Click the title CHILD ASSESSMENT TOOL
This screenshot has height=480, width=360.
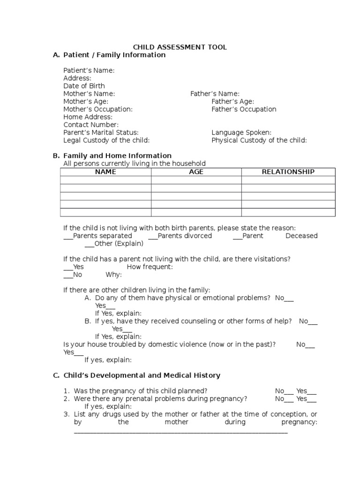[180, 47]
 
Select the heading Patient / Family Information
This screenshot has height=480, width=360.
[114, 55]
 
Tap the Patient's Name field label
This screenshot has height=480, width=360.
[89, 70]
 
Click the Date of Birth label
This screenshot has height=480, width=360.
[84, 86]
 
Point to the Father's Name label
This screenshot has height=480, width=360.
[215, 94]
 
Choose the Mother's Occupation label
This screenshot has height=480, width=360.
[98, 109]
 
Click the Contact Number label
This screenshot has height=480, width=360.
[91, 125]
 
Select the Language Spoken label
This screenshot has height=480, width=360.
[241, 133]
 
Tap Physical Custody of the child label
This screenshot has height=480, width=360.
[259, 140]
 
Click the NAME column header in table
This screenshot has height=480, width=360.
[105, 172]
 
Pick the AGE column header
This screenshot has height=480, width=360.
[196, 172]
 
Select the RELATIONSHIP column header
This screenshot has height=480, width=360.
[288, 172]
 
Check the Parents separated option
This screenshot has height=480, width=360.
[98, 236]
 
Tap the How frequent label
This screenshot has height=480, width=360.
[150, 267]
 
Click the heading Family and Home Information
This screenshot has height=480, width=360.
[117, 156]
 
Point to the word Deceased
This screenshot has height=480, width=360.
[301, 236]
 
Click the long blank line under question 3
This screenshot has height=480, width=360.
[181, 431]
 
